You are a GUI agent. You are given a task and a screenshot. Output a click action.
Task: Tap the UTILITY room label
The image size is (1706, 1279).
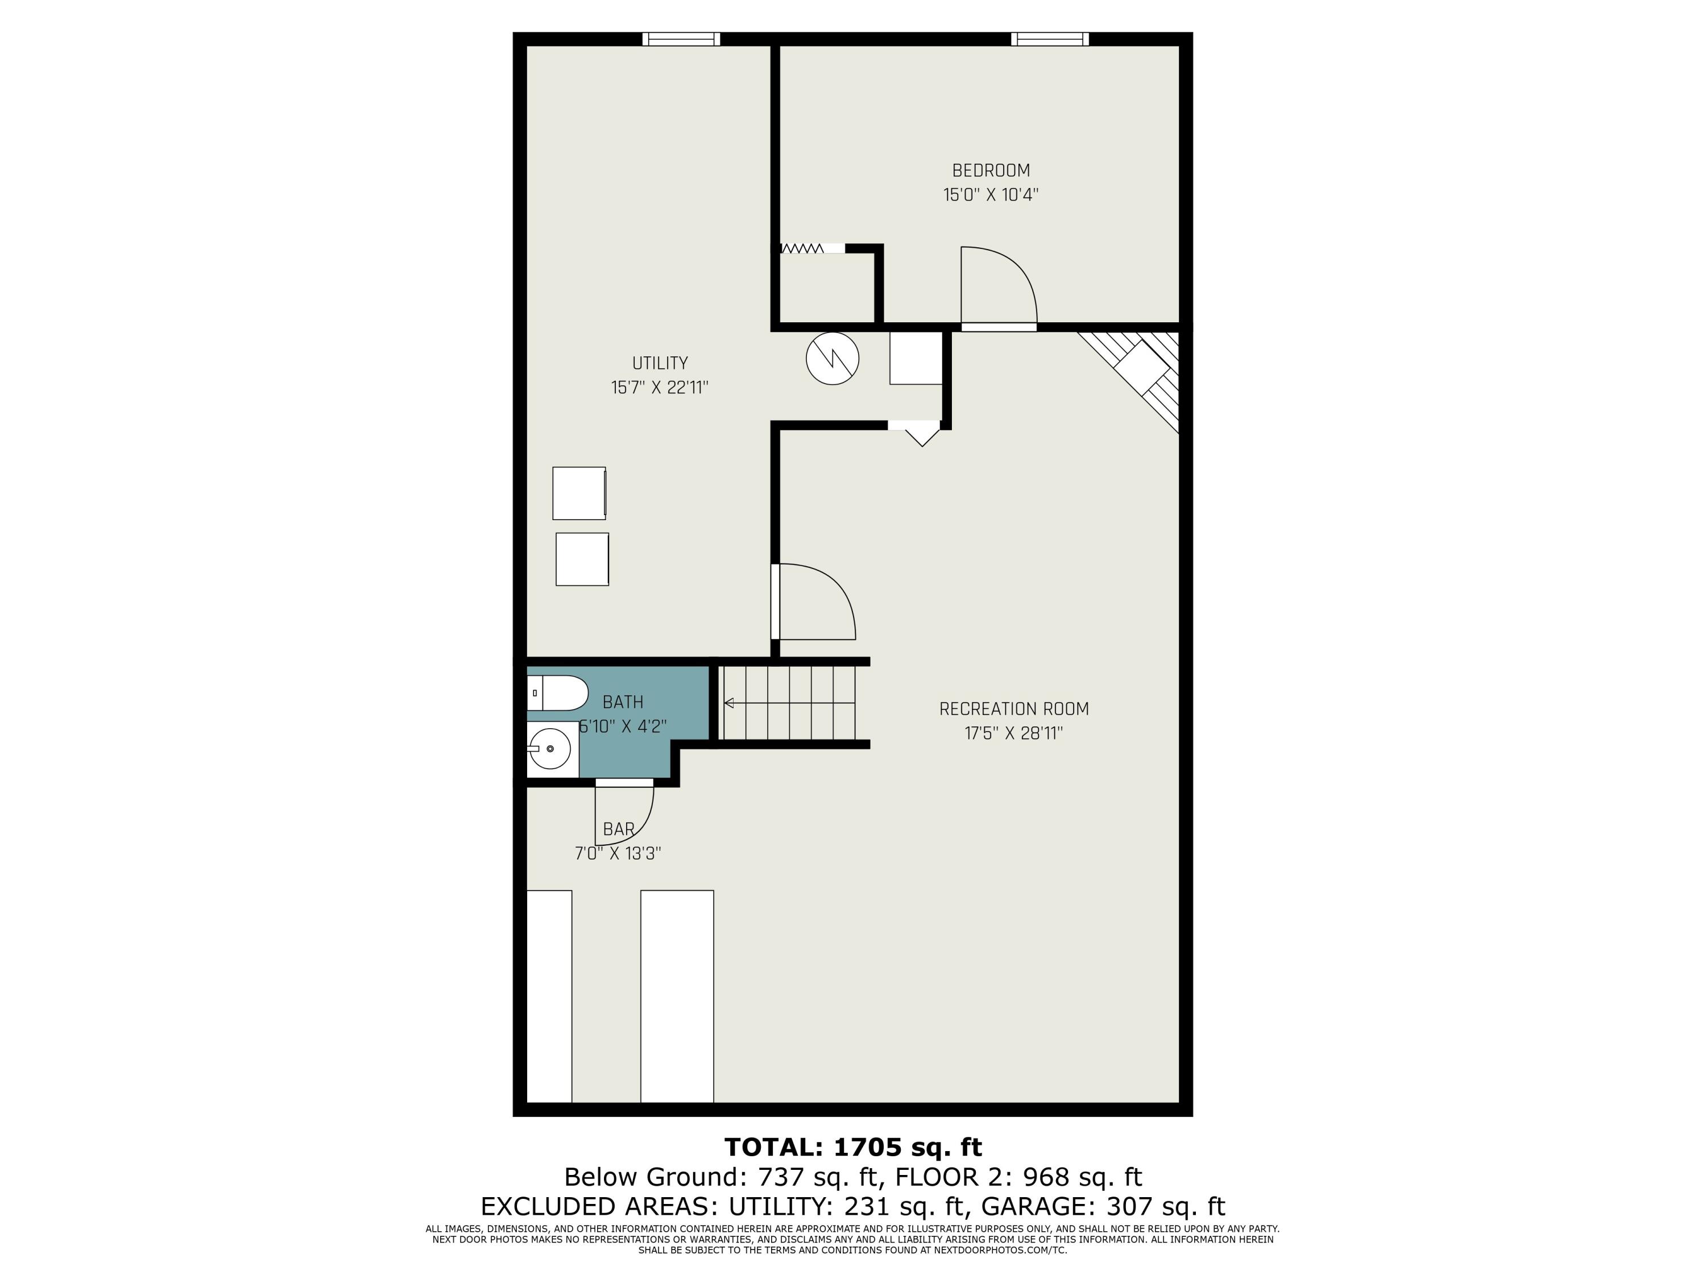click(660, 363)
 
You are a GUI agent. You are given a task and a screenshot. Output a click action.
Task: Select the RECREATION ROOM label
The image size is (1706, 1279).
click(1013, 708)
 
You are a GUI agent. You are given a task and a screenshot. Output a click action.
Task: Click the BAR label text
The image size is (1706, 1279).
click(619, 829)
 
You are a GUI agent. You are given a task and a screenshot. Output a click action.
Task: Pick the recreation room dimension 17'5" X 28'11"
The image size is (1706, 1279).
click(1013, 733)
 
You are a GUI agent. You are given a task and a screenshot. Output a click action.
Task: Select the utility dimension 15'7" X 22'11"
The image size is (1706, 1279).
click(660, 387)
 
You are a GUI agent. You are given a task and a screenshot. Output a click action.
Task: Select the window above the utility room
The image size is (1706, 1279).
click(681, 39)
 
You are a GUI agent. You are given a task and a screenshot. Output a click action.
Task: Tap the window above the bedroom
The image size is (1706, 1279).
click(1050, 39)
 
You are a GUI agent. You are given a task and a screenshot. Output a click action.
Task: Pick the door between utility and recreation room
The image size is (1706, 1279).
click(814, 601)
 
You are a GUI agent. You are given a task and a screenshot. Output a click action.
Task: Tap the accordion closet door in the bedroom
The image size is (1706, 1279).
click(802, 248)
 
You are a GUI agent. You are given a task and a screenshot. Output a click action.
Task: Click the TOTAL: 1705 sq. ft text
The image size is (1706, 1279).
click(853, 1147)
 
